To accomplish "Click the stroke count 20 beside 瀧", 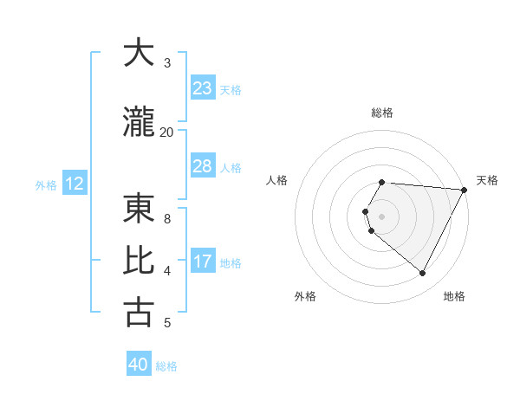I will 166,132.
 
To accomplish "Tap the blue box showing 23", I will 203,88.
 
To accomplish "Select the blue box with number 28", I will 203,166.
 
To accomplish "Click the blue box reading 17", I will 203,262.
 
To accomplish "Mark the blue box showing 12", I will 75,184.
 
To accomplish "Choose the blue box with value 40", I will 139,365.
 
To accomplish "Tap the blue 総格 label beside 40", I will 166,366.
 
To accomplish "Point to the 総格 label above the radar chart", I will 382,113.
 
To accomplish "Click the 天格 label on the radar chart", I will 487,180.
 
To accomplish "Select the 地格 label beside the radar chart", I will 454,296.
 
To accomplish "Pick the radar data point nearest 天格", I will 465,190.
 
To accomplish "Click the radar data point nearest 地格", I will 423,274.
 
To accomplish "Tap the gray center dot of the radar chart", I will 382,216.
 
